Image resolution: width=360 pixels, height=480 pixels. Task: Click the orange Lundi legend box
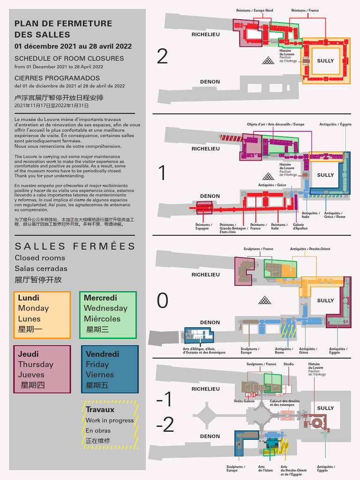[42, 315]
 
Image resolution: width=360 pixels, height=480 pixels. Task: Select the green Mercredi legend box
[108, 315]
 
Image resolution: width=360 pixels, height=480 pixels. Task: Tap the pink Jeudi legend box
[42, 369]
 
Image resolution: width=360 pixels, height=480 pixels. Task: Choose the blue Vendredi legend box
[110, 369]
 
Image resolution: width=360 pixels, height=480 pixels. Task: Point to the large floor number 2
[162, 57]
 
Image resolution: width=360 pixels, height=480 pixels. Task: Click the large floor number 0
[162, 301]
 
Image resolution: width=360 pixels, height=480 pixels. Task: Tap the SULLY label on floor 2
[325, 61]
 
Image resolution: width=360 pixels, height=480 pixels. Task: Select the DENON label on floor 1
[210, 196]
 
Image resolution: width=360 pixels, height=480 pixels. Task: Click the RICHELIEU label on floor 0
[205, 275]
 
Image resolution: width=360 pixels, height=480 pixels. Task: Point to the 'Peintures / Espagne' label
[203, 226]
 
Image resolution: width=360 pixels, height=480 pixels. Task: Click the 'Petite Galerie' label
[244, 401]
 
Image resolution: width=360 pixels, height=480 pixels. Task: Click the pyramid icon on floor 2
[269, 60]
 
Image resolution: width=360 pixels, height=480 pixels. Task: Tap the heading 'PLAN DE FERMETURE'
[63, 23]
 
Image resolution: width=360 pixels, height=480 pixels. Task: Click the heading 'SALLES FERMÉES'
[75, 247]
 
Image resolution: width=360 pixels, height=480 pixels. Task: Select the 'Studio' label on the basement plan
[289, 364]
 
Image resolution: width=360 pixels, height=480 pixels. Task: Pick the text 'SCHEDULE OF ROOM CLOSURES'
[69, 59]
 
